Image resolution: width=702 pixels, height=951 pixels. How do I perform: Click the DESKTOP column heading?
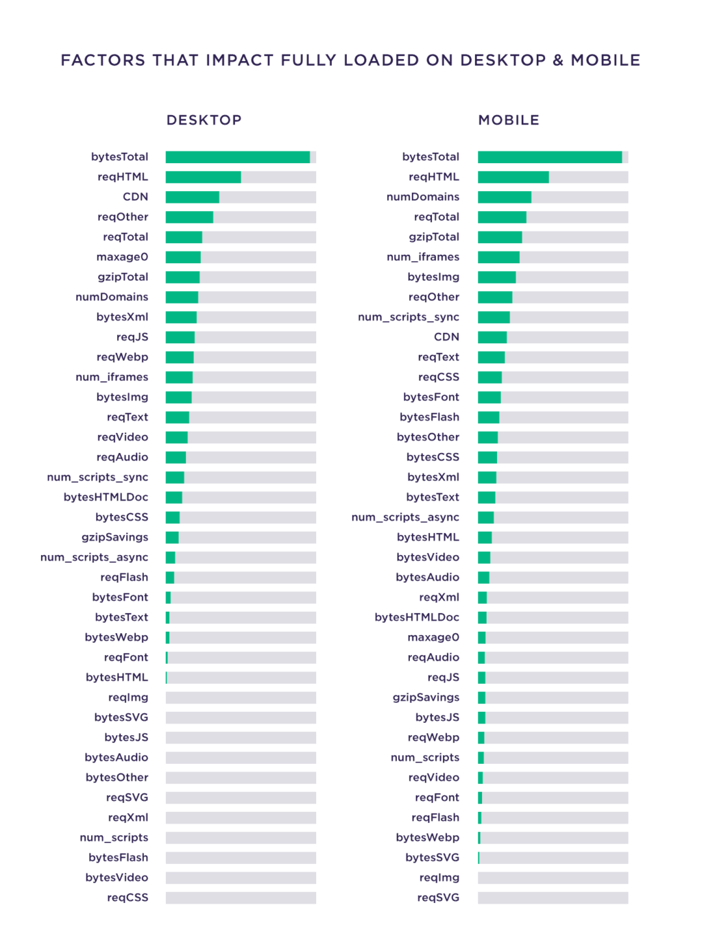click(204, 121)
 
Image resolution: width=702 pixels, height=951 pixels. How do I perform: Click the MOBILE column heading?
click(509, 121)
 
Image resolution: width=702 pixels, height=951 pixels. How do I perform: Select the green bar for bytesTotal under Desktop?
click(238, 158)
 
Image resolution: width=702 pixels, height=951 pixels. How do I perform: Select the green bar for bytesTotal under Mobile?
click(550, 158)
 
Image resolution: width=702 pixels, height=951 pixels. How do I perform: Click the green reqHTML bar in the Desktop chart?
click(203, 177)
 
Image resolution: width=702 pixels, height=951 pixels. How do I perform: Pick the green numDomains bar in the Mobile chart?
click(505, 197)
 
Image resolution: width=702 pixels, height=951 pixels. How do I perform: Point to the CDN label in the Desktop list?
click(135, 197)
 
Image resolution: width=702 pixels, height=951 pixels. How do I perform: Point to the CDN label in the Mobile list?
click(446, 337)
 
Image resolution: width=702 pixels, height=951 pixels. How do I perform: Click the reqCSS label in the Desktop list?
click(128, 898)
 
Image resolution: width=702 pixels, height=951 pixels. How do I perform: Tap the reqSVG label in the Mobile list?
click(438, 898)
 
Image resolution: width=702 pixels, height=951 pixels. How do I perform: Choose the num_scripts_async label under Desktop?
click(94, 558)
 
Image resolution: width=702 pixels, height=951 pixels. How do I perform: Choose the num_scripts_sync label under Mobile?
click(409, 317)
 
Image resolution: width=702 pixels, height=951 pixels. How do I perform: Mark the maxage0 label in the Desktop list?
click(122, 257)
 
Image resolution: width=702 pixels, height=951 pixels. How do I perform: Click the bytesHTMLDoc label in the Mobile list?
click(417, 617)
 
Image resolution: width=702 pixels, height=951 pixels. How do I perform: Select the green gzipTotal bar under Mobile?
click(500, 237)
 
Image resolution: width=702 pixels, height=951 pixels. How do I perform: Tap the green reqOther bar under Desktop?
click(189, 217)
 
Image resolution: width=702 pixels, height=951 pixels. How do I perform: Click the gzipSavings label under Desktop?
click(114, 537)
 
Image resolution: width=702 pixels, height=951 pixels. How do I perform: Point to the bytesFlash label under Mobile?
click(429, 417)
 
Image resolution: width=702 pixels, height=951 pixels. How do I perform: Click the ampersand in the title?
click(557, 60)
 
